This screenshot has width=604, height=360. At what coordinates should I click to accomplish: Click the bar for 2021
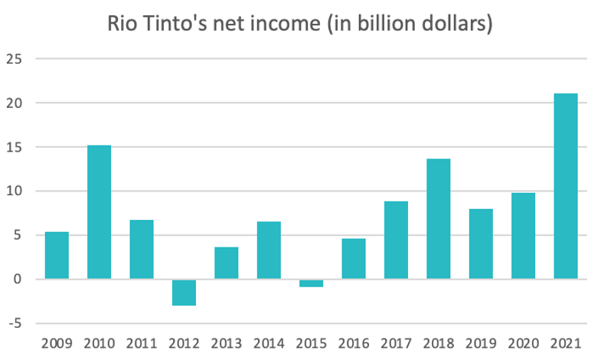coord(566,186)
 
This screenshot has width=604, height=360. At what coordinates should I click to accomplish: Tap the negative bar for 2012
coord(184,293)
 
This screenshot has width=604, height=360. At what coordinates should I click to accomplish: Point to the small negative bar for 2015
coord(311,283)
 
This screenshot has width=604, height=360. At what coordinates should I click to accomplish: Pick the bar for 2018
coord(439,219)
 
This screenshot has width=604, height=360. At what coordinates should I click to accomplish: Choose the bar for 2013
coord(227,263)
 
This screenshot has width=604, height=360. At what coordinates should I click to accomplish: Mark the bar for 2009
coord(57,255)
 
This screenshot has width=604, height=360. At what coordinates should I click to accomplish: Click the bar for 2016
coord(354,259)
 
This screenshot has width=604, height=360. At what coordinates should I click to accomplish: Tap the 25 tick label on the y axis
coord(15,58)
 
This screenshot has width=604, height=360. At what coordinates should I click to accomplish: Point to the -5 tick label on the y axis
coord(15,322)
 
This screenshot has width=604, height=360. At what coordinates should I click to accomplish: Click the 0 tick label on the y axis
coord(18,279)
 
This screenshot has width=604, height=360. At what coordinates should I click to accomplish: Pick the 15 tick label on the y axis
coord(15,146)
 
